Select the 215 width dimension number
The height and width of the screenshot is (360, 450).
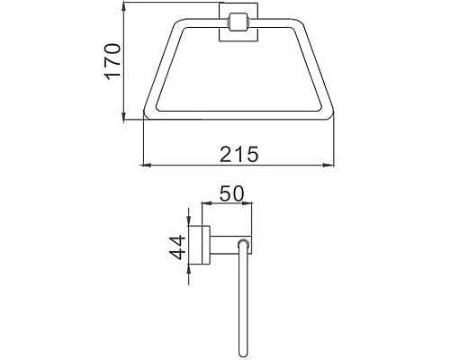[x=240, y=155]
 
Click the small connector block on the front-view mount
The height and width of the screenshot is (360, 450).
[x=239, y=22]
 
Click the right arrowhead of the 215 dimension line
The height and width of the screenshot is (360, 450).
[x=336, y=166]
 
